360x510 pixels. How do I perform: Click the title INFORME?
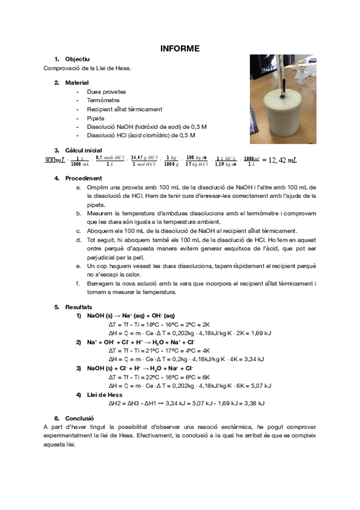pos(180,49)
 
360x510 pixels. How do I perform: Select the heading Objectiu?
pos(77,60)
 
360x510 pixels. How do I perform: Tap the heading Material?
pos(77,82)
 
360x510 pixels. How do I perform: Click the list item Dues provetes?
pos(106,92)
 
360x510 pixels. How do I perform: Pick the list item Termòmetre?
pos(103,100)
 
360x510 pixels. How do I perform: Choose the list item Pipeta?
pos(96,118)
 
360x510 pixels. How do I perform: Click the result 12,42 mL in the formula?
pos(282,161)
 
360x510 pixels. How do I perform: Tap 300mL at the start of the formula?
pos(55,161)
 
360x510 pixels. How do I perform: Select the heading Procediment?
pos(83,179)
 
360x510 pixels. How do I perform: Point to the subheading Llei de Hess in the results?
pos(105,395)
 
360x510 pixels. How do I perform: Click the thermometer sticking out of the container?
pos(282,72)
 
